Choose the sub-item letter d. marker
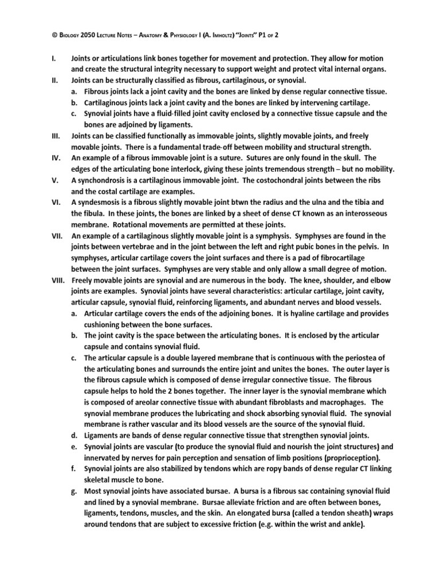point(76,436)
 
